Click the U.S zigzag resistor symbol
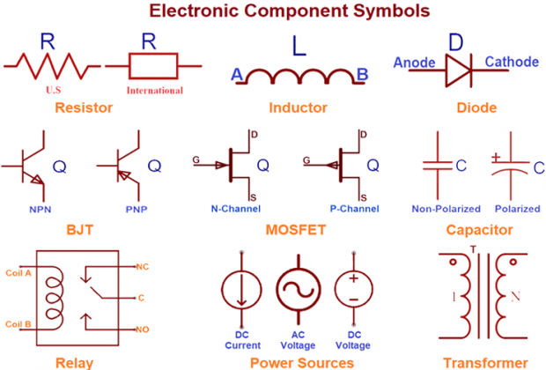pos(52,64)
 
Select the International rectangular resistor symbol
pos(153,64)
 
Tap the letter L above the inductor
pos(299,49)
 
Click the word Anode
pos(413,63)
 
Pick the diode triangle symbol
pos(456,63)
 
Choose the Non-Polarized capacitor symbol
pos(437,165)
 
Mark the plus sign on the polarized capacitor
pos(496,156)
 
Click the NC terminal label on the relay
pos(142,265)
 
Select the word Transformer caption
pos(485,362)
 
